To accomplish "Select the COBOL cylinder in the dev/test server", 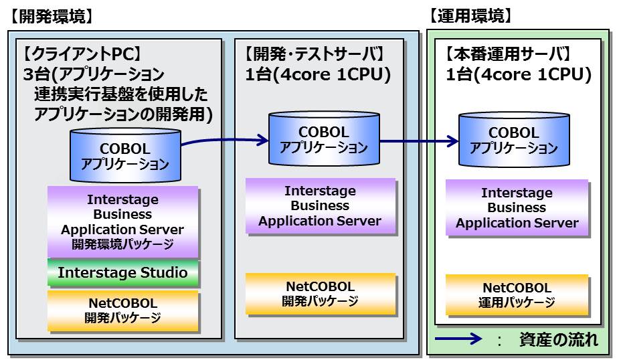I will [323, 139].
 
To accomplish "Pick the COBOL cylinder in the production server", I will [513, 141].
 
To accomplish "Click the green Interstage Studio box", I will [122, 273].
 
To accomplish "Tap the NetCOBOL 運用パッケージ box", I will [516, 295].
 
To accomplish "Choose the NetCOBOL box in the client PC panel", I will [122, 310].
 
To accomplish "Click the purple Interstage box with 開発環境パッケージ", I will [122, 221].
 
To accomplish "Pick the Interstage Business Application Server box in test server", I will [320, 205].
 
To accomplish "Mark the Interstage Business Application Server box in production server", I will [517, 208].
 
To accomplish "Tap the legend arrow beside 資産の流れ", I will [458, 339].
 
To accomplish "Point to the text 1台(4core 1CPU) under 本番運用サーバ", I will [519, 75].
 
